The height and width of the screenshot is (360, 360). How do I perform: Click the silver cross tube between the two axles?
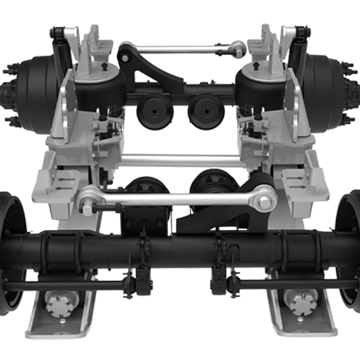pyautogui.click(x=180, y=159)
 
